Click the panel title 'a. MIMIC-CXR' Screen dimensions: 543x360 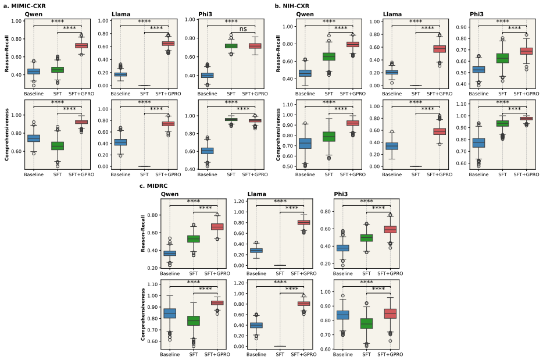click(x=24, y=6)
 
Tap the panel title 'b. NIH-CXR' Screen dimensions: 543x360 click(x=292, y=6)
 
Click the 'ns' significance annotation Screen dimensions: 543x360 click(x=243, y=28)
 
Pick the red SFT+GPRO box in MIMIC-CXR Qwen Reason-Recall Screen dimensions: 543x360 click(x=81, y=46)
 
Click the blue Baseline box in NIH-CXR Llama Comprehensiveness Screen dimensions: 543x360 click(x=392, y=146)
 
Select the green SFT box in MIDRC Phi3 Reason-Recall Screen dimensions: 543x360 click(x=366, y=238)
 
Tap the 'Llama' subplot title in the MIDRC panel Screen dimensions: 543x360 click(x=256, y=194)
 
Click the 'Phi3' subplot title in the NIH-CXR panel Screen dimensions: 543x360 click(x=477, y=14)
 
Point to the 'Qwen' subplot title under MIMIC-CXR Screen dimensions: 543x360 click(x=34, y=14)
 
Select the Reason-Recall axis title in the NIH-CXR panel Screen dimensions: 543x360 click(x=278, y=54)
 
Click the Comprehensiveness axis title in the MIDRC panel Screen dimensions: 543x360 click(x=142, y=315)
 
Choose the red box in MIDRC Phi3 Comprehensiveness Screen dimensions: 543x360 click(x=390, y=314)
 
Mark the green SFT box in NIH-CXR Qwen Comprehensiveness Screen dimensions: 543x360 click(x=329, y=137)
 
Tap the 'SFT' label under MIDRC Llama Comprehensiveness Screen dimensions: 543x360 click(x=280, y=354)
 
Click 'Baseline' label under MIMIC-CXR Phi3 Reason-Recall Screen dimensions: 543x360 click(x=208, y=94)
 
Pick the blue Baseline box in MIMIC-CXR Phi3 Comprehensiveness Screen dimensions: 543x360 click(x=208, y=151)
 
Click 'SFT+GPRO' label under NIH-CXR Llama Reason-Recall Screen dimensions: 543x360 click(x=440, y=94)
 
